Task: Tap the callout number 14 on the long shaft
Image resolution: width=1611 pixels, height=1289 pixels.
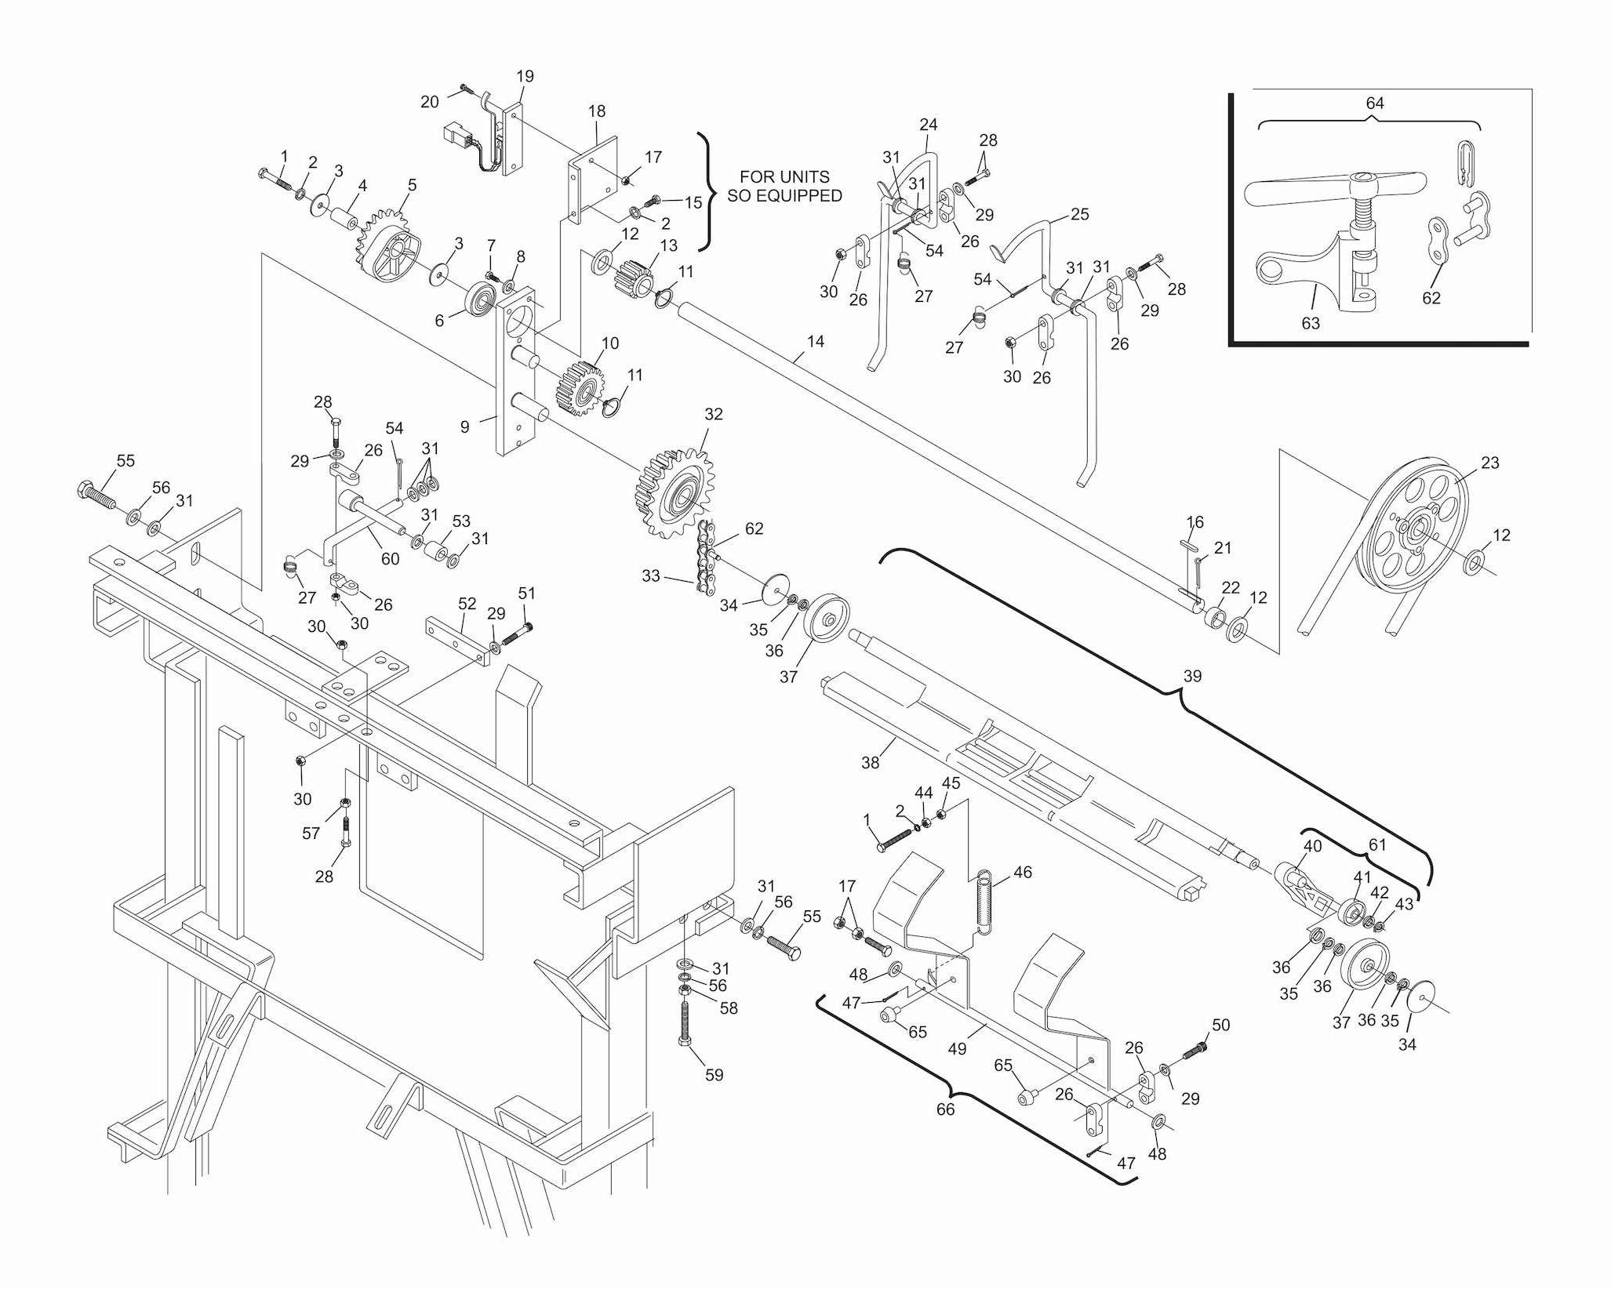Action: click(815, 342)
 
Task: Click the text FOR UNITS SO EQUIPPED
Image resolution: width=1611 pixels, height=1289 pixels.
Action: click(784, 187)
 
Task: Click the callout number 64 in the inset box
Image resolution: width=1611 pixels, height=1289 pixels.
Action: click(1374, 103)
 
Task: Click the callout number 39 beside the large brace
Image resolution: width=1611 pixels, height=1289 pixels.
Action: click(1191, 676)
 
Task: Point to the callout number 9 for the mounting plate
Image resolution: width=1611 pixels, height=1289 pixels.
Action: click(464, 427)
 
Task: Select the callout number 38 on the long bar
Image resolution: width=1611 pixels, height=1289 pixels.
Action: click(870, 761)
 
